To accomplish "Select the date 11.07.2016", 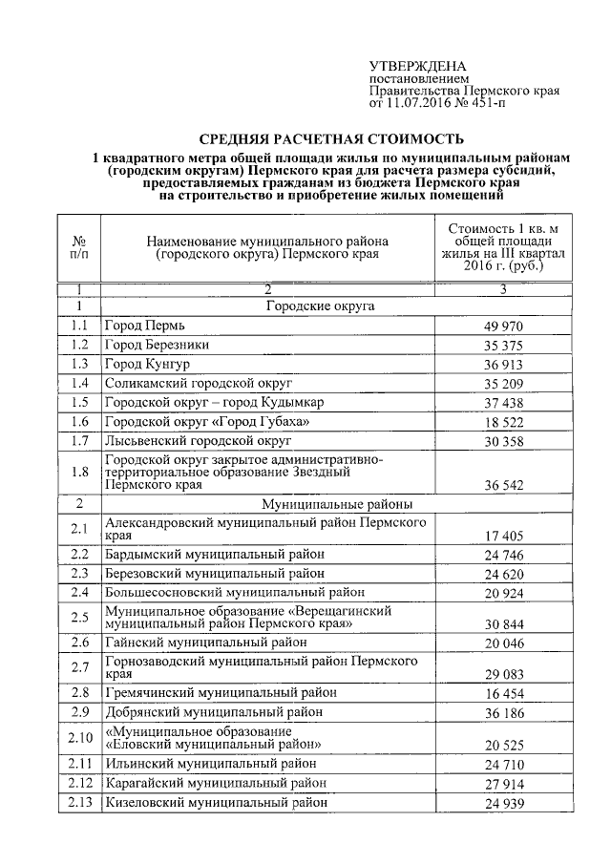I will pyautogui.click(x=416, y=102).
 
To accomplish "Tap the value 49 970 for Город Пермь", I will pyautogui.click(x=504, y=327).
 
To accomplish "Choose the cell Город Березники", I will pyautogui.click(x=157, y=345).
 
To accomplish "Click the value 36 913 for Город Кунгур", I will pyautogui.click(x=504, y=366).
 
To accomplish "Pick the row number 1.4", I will pyautogui.click(x=79, y=384).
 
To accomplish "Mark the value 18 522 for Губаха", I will pyautogui.click(x=504, y=424).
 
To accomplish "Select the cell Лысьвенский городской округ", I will pyautogui.click(x=198, y=441).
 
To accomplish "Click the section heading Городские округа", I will pyautogui.click(x=319, y=306).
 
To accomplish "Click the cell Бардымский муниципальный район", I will pyautogui.click(x=215, y=554).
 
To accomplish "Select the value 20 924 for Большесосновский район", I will pyautogui.click(x=504, y=595).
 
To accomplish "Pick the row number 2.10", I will pyautogui.click(x=79, y=737).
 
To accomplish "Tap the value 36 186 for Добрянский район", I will pyautogui.click(x=504, y=713).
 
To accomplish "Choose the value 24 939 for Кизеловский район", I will pyautogui.click(x=504, y=805).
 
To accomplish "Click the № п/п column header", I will pyautogui.click(x=79, y=248).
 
